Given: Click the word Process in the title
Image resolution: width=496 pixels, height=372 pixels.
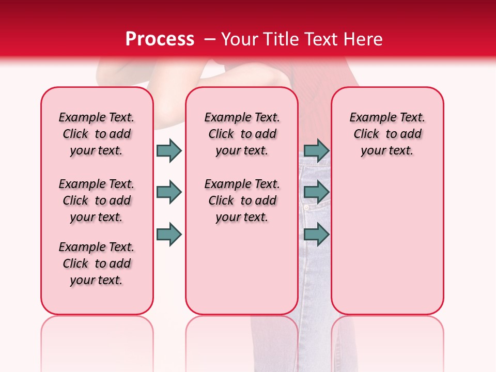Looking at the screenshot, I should [x=160, y=39].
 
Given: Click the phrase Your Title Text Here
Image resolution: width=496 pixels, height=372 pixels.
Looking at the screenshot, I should [x=302, y=39].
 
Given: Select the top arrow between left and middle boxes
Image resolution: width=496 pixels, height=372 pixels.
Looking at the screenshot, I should [x=169, y=150].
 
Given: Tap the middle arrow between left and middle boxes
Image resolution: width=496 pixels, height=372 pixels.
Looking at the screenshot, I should [x=169, y=192].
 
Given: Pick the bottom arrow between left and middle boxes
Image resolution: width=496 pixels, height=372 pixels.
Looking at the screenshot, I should [x=169, y=234].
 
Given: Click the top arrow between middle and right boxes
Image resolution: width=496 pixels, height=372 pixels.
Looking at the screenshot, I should [x=316, y=150].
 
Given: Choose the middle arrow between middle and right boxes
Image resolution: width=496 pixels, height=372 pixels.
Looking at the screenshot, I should [x=316, y=192].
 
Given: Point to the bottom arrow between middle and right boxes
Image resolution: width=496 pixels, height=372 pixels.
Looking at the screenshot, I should [x=316, y=234].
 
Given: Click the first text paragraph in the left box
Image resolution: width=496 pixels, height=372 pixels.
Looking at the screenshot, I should [x=97, y=134].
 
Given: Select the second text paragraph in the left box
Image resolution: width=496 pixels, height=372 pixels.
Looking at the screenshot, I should [x=97, y=200].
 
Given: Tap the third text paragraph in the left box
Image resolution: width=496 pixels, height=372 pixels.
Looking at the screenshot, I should [x=97, y=263].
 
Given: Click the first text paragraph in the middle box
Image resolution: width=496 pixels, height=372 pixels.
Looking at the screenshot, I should [x=242, y=134].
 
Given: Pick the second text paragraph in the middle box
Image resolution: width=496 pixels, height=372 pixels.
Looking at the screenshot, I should [x=242, y=200].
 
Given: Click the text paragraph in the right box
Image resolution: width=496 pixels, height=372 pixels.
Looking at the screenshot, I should [x=387, y=134].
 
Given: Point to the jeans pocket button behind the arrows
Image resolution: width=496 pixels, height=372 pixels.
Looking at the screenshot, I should [x=306, y=208].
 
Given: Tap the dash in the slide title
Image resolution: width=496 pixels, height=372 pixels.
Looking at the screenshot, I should [x=210, y=40].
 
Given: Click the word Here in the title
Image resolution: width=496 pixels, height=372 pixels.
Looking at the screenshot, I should [x=364, y=39].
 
